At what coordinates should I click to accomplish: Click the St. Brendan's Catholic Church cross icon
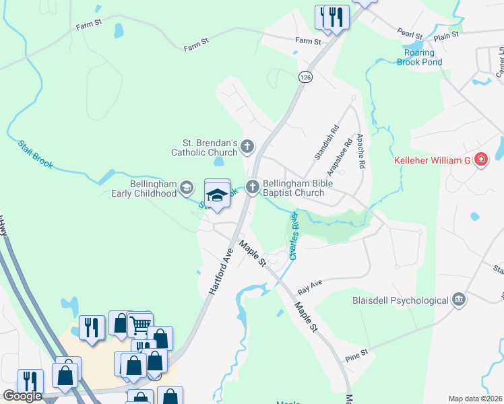coord(248,145)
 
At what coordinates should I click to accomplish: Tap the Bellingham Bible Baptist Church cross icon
coord(253,187)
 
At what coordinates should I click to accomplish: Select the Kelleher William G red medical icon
coord(481,160)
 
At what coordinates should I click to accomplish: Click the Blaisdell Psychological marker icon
coord(459,299)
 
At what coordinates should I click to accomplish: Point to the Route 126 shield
coord(307,77)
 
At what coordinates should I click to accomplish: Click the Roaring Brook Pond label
coord(423,57)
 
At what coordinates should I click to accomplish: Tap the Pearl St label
coord(409,33)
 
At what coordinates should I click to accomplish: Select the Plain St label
coord(447,34)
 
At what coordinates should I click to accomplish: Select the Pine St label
coord(357,352)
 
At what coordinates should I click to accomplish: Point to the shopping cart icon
coord(140,325)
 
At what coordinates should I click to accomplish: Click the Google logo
coord(22,396)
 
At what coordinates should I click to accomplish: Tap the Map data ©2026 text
coord(475,398)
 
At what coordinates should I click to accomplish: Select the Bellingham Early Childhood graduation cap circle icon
coord(187,189)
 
